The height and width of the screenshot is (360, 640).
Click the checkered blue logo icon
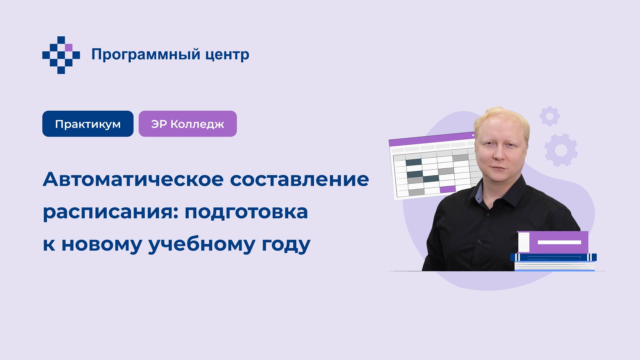(61, 55)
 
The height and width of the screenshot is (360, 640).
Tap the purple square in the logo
(69, 47)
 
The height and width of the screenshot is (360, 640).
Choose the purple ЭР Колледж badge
(188, 124)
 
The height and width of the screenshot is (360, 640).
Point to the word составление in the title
(299, 179)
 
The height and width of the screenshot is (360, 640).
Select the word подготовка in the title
(246, 212)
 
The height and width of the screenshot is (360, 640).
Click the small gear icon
(550, 116)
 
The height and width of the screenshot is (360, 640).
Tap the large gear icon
(561, 150)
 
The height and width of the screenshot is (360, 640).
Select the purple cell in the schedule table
(447, 189)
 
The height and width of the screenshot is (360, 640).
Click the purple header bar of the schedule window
(430, 139)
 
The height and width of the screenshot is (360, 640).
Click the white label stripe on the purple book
(559, 242)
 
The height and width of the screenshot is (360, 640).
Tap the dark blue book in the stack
(553, 257)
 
